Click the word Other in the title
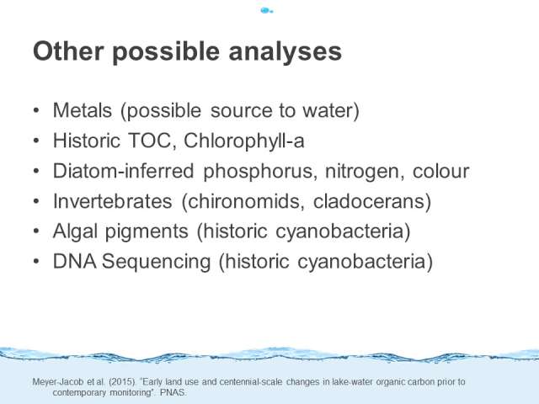click(x=68, y=51)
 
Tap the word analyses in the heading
click(x=285, y=52)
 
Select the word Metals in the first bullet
click(x=83, y=110)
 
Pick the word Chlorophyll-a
click(x=244, y=141)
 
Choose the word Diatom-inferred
click(x=124, y=171)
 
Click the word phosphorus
click(x=260, y=172)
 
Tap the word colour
click(x=440, y=171)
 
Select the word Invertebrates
click(x=112, y=201)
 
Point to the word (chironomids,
click(x=243, y=201)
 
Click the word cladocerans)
click(x=372, y=201)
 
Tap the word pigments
click(x=147, y=232)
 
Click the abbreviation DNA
click(x=75, y=261)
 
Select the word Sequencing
click(x=156, y=262)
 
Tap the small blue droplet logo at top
click(x=266, y=11)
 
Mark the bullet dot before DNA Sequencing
click(x=36, y=261)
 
